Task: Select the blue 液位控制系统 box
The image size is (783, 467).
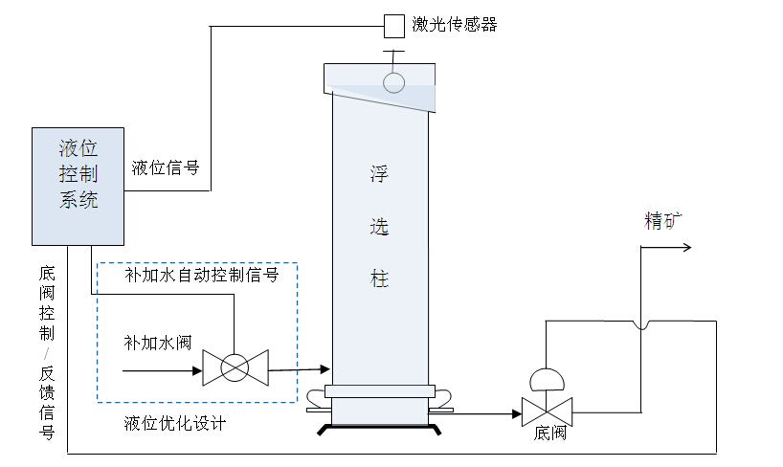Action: click(78, 183)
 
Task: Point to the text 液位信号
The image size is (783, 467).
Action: click(165, 167)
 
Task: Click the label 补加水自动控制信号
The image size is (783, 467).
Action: click(201, 275)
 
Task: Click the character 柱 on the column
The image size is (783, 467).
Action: click(379, 279)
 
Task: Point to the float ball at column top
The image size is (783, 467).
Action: click(394, 83)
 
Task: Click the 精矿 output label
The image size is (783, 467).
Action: click(664, 221)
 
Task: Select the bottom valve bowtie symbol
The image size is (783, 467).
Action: click(547, 412)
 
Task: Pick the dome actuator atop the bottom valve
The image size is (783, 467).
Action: click(547, 379)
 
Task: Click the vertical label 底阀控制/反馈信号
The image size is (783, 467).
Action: click(47, 353)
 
